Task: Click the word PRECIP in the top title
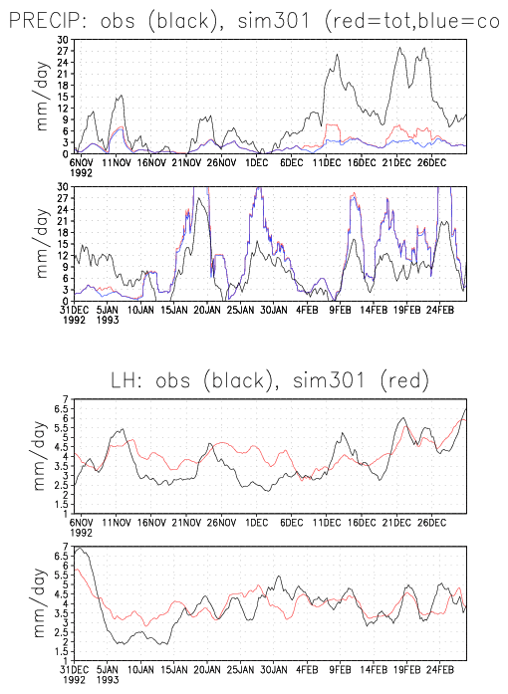tap(43, 20)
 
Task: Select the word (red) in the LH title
tap(404, 380)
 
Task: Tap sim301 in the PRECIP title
tap(273, 20)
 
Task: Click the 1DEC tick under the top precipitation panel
tap(257, 163)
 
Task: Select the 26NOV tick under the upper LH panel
tap(221, 523)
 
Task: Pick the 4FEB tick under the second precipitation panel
tap(307, 310)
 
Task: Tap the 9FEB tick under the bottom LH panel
tap(340, 670)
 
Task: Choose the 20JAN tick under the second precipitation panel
tap(207, 310)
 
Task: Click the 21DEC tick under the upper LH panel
tap(396, 523)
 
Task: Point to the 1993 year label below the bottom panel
tap(108, 679)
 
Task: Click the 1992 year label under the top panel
tap(81, 172)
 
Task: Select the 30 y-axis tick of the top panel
tap(63, 40)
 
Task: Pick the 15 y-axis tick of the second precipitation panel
tap(63, 244)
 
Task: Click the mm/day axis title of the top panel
tap(41, 97)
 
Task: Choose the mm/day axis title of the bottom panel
tap(40, 603)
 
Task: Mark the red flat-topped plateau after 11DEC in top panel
tap(332, 125)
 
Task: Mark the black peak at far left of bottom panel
tap(80, 549)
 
